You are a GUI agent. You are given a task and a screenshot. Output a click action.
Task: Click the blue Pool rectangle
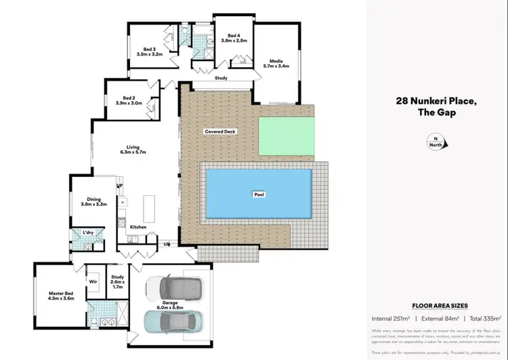click(x=259, y=193)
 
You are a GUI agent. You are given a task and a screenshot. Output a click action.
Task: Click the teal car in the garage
click(x=171, y=321)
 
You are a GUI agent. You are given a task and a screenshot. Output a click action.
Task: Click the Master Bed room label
click(x=60, y=296)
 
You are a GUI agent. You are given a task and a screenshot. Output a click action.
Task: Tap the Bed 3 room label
click(x=150, y=52)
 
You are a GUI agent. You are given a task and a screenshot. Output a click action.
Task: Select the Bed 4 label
click(x=234, y=38)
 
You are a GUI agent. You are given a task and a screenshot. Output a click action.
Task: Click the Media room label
click(x=276, y=63)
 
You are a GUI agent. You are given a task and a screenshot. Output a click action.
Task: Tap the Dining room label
click(x=94, y=201)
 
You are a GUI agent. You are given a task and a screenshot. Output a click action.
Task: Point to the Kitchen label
click(x=138, y=226)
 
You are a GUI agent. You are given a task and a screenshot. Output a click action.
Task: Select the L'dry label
click(x=88, y=233)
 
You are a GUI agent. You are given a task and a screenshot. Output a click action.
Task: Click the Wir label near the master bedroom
click(x=93, y=280)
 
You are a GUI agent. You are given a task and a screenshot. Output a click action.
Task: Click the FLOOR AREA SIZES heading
click(x=440, y=306)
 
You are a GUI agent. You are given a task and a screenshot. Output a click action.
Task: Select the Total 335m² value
click(x=484, y=318)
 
